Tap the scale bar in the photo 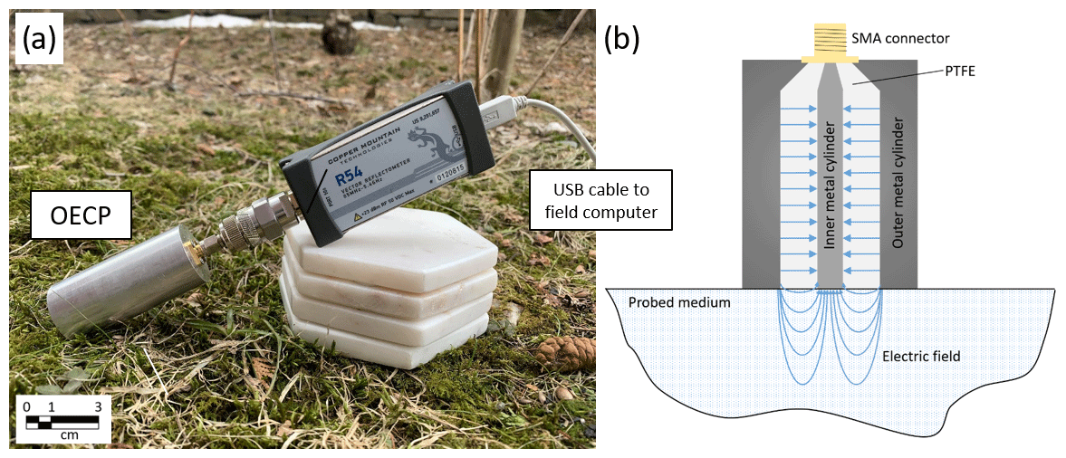62,421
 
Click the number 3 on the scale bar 98,406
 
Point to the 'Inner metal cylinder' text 831,186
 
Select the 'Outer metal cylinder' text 898,185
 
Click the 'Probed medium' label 680,302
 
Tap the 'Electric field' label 921,357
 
